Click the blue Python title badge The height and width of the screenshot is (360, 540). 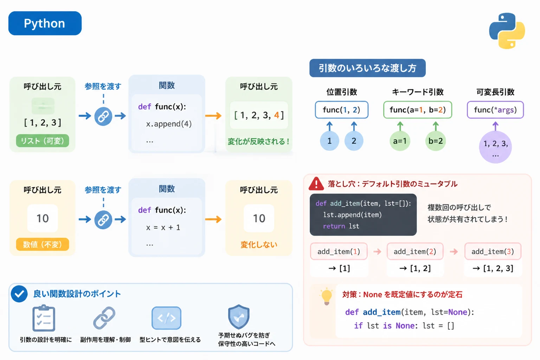pos(45,23)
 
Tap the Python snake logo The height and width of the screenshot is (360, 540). pos(507,31)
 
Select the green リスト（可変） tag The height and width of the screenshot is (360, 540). pos(43,141)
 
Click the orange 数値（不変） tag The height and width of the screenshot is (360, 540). pos(43,244)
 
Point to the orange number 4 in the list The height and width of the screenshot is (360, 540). pos(277,115)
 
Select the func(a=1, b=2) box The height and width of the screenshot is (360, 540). pos(418,110)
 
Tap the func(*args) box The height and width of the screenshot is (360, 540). pos(495,110)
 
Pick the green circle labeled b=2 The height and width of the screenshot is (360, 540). pos(435,141)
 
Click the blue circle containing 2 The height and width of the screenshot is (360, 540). pos(354,141)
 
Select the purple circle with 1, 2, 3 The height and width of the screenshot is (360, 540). pos(495,147)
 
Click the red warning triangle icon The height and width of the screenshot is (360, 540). pos(316,184)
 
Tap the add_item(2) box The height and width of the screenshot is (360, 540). pos(415,251)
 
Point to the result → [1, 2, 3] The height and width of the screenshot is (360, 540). pos(493,268)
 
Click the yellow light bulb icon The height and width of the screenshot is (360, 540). pos(326,296)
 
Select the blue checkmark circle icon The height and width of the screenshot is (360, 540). pos(19,294)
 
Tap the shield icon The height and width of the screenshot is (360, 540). pos(239,317)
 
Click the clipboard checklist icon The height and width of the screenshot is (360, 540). pos(44,318)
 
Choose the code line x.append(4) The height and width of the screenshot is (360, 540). pos(169,124)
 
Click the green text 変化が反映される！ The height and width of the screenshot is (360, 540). pos(259,141)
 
